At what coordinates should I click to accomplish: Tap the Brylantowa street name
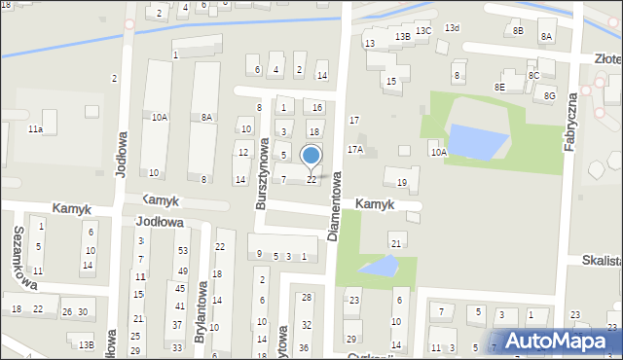coord(202,312)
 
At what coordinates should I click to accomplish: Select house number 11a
coord(35,128)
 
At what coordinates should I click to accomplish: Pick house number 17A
coord(355,150)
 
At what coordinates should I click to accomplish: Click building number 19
coord(401,182)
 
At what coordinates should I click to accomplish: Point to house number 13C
coord(423,31)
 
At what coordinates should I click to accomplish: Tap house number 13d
coord(452,27)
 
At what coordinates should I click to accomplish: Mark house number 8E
coord(499,87)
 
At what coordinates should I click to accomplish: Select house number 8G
coord(550,95)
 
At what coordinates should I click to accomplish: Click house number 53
coord(183,251)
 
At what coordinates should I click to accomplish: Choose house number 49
coord(183,270)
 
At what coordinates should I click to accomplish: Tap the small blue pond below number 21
coord(380,265)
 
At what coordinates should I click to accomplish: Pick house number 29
coord(350,339)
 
